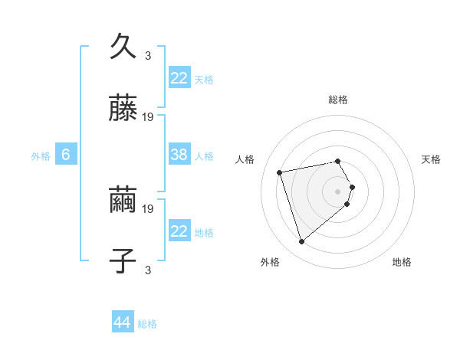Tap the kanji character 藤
[x=124, y=109]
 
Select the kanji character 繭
[x=124, y=200]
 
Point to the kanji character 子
[x=124, y=261]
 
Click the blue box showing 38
[x=179, y=155]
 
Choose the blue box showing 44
[x=123, y=322]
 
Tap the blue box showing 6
[x=66, y=155]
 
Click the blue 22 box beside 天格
[x=179, y=77]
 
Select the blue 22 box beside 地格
[x=179, y=231]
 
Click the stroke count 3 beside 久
[x=148, y=55]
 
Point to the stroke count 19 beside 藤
[x=148, y=117]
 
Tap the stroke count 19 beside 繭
[x=148, y=208]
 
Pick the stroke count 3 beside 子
[x=148, y=270]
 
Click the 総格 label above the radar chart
[x=338, y=100]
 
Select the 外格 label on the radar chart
[x=270, y=262]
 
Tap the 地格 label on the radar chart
[x=402, y=262]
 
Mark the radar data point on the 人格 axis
[x=280, y=172]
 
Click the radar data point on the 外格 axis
[x=302, y=242]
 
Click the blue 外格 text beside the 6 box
[x=41, y=155]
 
